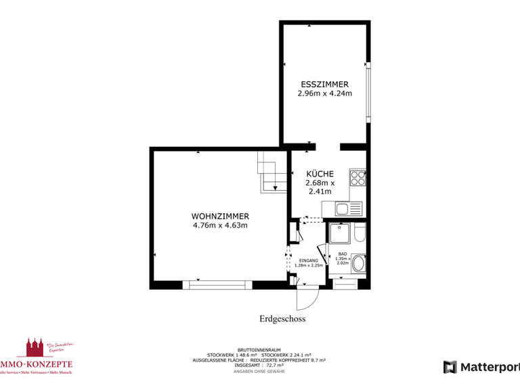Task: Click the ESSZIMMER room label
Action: (x=324, y=85)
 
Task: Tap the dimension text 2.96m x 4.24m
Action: (x=324, y=94)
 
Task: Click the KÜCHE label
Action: (x=320, y=173)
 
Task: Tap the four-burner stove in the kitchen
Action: (x=357, y=177)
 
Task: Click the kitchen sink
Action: (x=345, y=209)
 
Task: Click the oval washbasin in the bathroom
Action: (x=360, y=263)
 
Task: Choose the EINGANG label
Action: (x=308, y=261)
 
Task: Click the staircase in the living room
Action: (x=270, y=173)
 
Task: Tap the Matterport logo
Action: (x=481, y=367)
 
